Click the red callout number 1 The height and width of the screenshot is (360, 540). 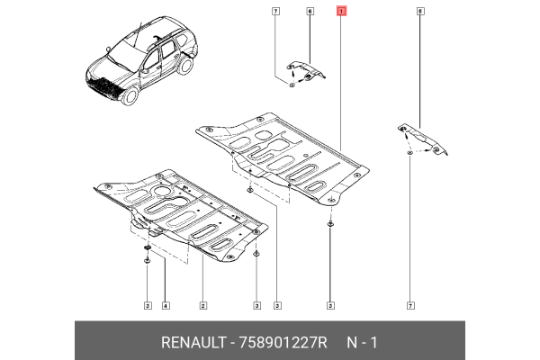339,12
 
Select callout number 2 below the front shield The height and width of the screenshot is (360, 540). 203,306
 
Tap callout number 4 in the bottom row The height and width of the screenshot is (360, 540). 166,306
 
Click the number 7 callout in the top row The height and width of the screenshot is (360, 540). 275,12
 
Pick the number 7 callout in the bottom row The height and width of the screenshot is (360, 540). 410,306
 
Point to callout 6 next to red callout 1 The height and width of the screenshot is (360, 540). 310,12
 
